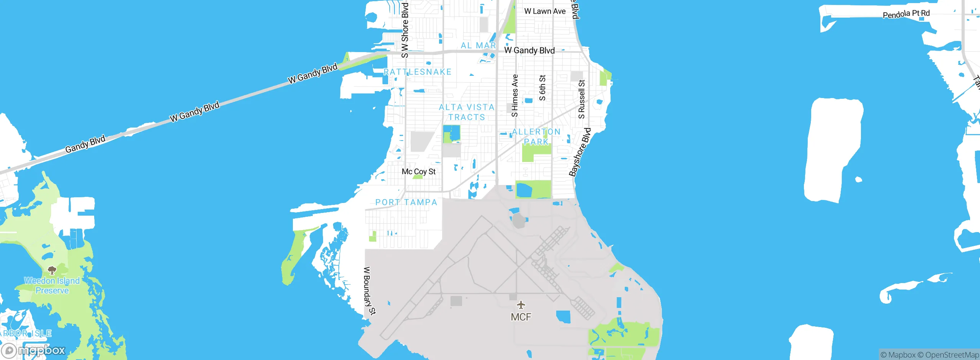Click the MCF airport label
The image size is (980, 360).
click(x=521, y=317)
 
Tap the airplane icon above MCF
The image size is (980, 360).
click(x=521, y=305)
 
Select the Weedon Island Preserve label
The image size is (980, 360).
click(x=52, y=286)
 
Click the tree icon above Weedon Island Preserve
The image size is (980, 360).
click(x=52, y=270)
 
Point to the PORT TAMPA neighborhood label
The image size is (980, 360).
click(x=406, y=202)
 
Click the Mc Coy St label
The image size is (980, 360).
click(x=418, y=172)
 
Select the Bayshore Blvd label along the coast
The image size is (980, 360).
click(x=580, y=152)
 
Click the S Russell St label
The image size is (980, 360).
click(x=581, y=99)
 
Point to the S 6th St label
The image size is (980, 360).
click(x=542, y=88)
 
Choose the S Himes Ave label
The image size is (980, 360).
click(x=515, y=95)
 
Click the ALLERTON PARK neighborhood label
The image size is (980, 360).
click(x=536, y=137)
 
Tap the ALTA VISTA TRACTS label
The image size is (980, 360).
click(x=467, y=112)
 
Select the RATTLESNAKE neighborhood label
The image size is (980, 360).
click(x=418, y=72)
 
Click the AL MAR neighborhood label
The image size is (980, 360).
click(x=478, y=46)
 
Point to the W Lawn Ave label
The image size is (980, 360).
click(x=544, y=11)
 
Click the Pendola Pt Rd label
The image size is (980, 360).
click(x=906, y=14)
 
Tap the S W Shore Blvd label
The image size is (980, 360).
click(x=405, y=30)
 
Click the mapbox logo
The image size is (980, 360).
click(x=34, y=350)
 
